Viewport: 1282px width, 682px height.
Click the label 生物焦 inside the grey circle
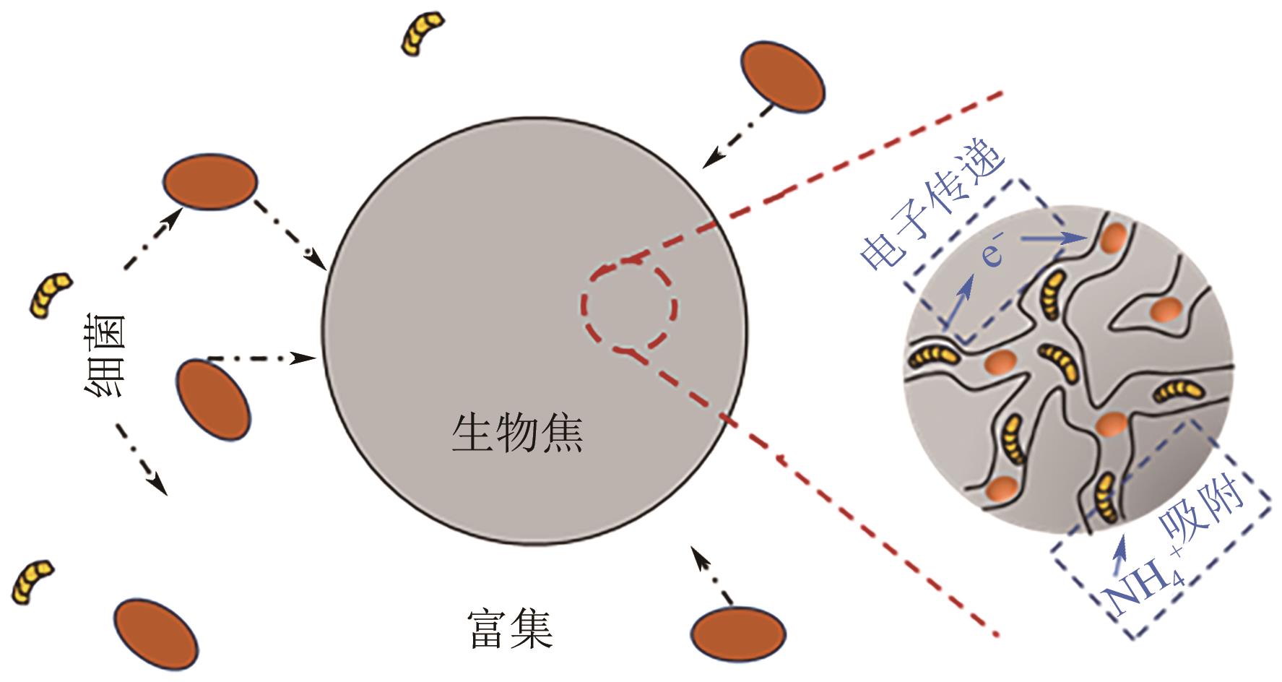click(517, 433)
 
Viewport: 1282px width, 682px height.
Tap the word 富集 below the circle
click(511, 629)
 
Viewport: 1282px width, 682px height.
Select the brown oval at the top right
click(782, 76)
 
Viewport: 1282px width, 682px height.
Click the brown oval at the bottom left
click(156, 634)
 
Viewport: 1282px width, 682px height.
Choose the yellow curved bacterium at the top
click(421, 33)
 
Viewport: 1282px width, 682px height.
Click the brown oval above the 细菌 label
click(209, 181)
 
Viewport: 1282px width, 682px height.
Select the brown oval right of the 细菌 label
click(214, 400)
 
